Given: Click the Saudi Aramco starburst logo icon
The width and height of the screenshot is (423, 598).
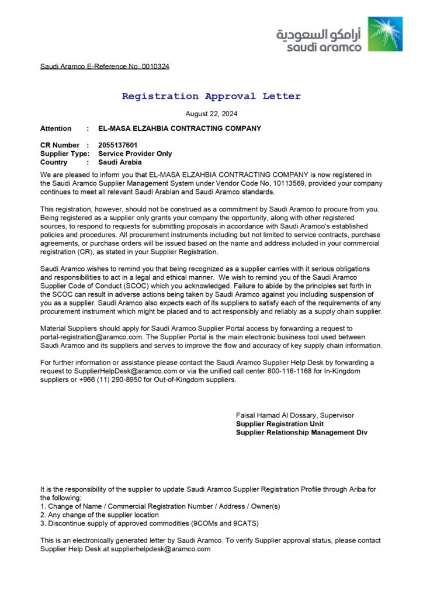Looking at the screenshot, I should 385,34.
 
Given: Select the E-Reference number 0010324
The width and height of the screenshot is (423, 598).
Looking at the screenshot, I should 155,67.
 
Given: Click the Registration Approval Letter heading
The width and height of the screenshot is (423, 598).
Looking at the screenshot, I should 211,96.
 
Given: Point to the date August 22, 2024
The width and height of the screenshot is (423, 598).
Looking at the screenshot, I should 211,114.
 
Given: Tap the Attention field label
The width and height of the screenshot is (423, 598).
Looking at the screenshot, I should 56,128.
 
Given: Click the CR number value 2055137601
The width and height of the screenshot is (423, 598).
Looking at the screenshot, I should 118,145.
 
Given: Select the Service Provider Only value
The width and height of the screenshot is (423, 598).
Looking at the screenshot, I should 135,154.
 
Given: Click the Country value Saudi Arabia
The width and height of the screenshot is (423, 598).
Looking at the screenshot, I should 120,162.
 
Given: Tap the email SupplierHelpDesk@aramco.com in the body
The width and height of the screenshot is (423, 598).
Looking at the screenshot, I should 125,371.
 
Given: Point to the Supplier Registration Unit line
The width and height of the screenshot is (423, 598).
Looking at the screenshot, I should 279,424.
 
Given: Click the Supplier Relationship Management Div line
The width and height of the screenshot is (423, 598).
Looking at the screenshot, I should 301,433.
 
